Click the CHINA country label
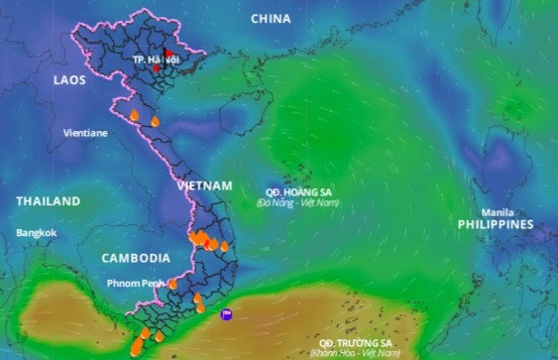(x=271, y=18)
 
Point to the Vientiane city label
(x=85, y=132)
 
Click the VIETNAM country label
(x=204, y=185)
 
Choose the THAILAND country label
(x=48, y=201)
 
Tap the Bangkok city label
(x=37, y=233)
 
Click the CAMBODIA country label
(x=136, y=258)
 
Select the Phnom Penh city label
(x=136, y=284)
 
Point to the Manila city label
(x=497, y=212)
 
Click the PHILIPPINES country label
(x=495, y=225)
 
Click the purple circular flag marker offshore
(x=227, y=314)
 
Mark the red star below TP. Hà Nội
(x=156, y=68)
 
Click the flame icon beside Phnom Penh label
(x=172, y=284)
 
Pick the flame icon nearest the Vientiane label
(x=134, y=116)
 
